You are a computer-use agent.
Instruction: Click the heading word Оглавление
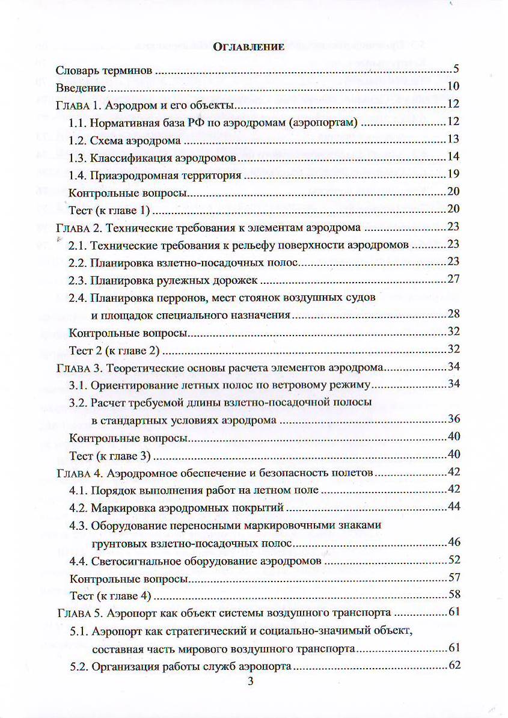point(248,49)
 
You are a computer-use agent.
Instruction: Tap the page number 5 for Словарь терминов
point(456,68)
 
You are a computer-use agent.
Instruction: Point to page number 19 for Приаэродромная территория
point(453,175)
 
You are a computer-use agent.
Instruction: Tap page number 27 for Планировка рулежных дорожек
point(453,280)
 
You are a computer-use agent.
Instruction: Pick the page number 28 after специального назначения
point(453,315)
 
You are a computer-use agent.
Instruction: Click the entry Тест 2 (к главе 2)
point(114,349)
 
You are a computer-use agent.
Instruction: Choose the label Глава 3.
point(78,367)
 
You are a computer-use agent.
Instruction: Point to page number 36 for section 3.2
point(453,420)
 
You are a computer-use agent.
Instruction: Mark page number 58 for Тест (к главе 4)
point(453,595)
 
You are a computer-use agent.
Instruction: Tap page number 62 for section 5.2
point(453,666)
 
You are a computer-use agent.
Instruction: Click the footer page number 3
point(251,681)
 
